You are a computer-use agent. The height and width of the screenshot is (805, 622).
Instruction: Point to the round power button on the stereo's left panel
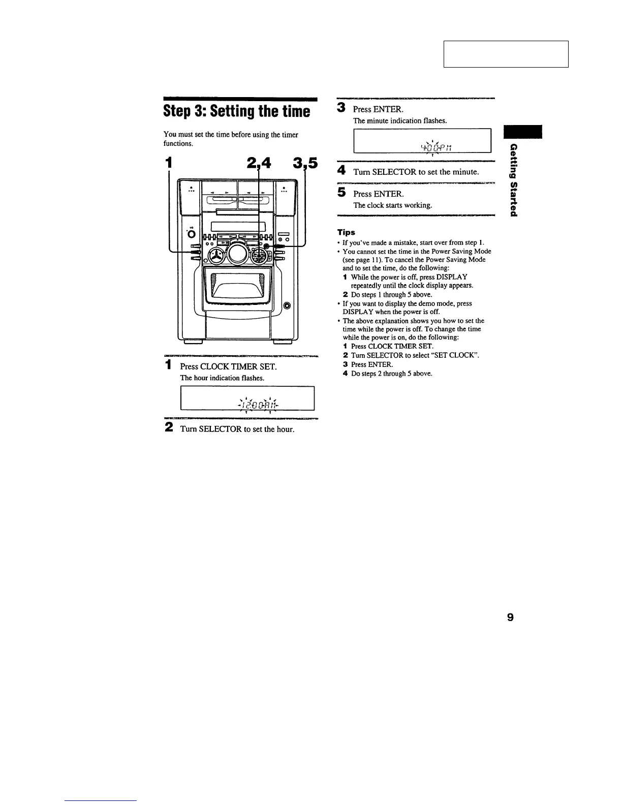[191, 234]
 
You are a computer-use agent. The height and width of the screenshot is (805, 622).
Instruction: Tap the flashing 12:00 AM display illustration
[248, 398]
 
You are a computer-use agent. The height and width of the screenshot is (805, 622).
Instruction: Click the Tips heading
[347, 232]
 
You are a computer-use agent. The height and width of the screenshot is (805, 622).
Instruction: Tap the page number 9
[510, 617]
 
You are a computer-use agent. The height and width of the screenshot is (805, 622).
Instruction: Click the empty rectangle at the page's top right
[506, 54]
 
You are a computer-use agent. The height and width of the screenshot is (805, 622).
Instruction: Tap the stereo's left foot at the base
[194, 342]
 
